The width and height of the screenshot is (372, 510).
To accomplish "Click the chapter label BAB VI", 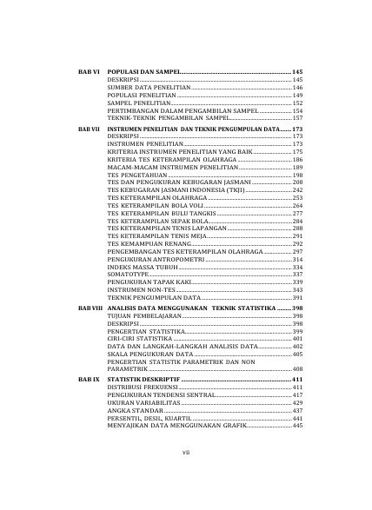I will tap(90, 70).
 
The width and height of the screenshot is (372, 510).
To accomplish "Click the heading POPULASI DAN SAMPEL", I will tap(143, 70).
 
